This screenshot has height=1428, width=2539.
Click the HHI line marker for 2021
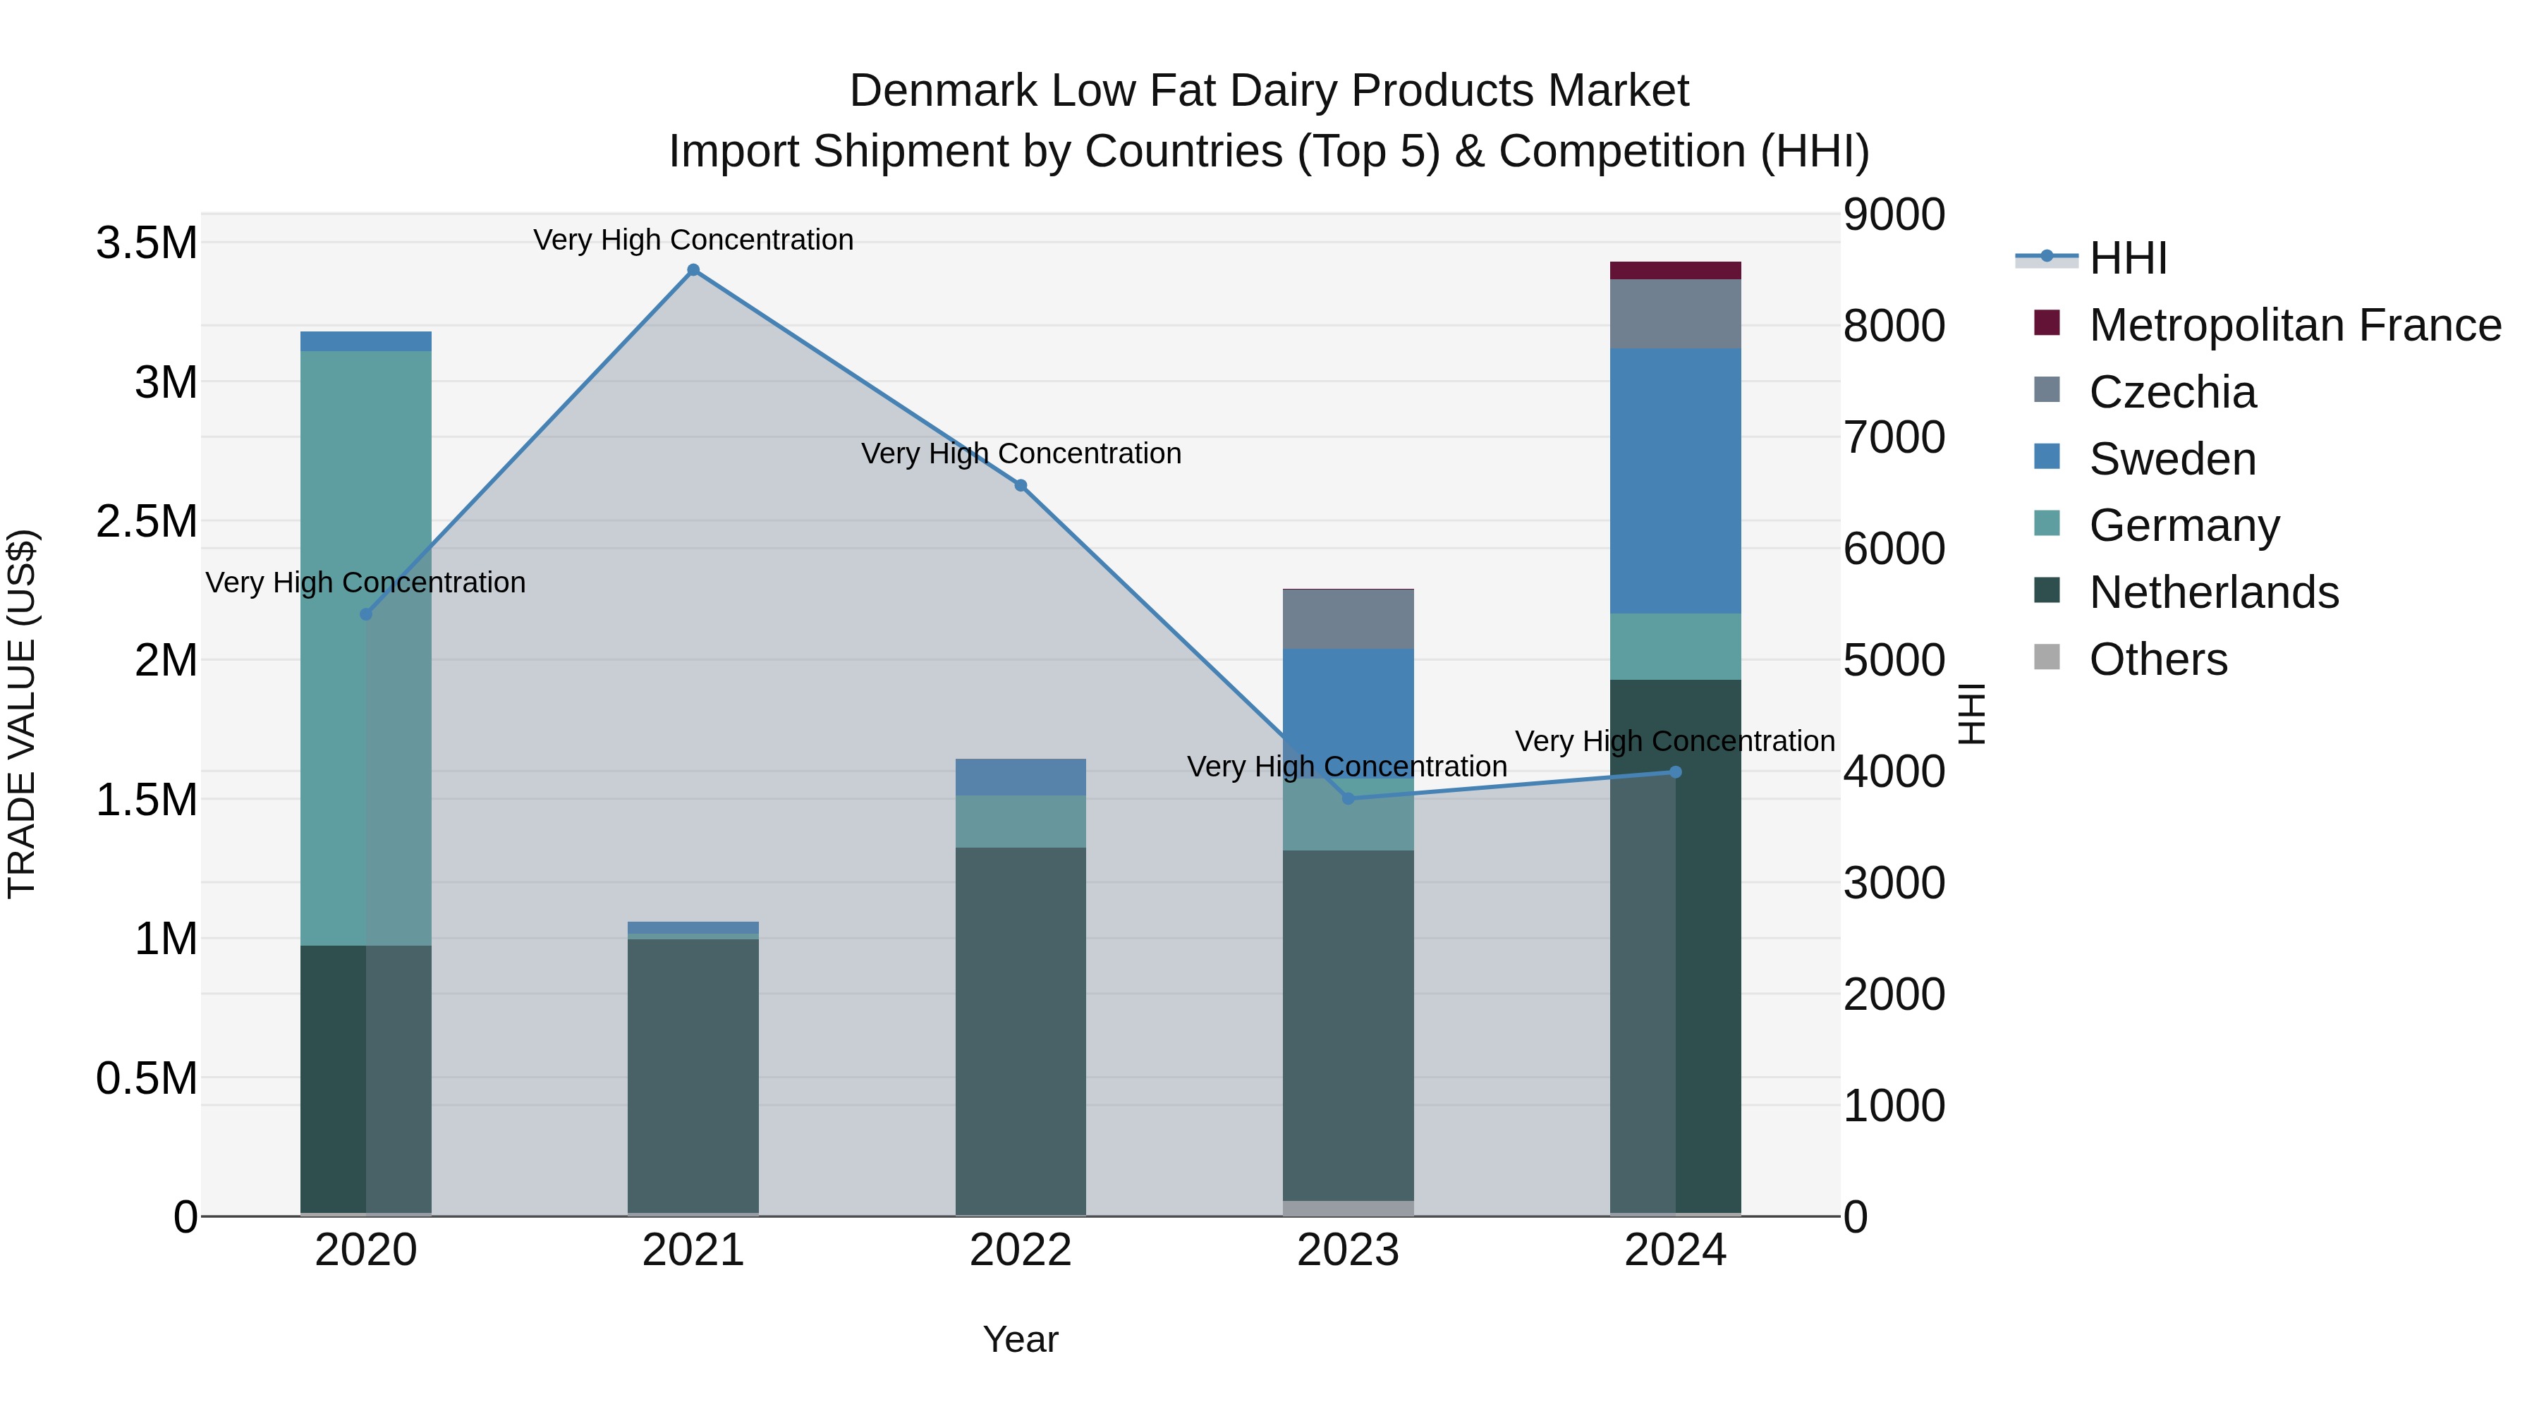click(x=693, y=270)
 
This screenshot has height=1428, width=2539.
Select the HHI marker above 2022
click(x=1020, y=486)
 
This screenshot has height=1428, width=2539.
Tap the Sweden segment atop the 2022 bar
click(x=1020, y=776)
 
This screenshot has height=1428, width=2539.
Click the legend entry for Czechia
click(x=2172, y=392)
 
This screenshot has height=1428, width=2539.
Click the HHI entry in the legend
click(x=2127, y=258)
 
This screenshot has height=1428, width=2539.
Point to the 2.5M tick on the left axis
click(x=146, y=521)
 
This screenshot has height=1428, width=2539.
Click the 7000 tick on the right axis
click(x=1894, y=437)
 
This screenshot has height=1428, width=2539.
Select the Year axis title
click(x=1020, y=1339)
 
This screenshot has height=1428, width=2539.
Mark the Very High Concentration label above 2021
click(x=693, y=240)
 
